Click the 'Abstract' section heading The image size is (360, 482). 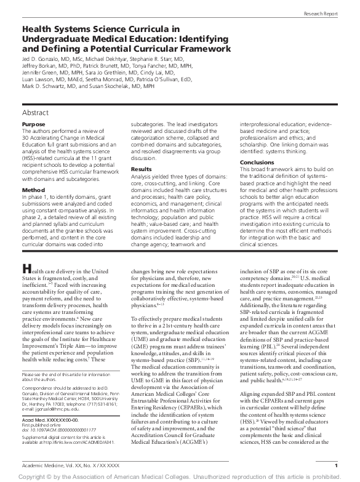(36, 113)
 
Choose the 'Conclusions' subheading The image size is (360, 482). (257, 162)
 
